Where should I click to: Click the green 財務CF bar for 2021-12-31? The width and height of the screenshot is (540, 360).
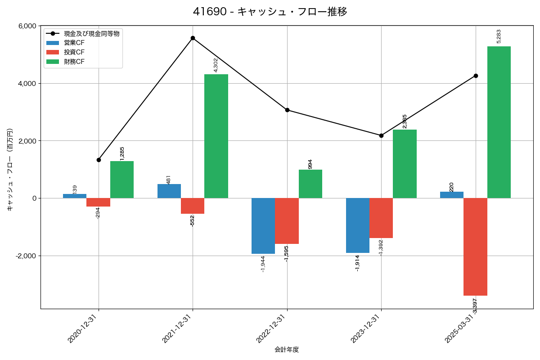(216, 136)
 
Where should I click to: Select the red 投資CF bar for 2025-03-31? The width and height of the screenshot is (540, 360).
(475, 247)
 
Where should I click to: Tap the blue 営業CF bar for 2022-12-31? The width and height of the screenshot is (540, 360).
(263, 226)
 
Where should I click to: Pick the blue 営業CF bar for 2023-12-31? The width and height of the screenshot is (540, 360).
(358, 225)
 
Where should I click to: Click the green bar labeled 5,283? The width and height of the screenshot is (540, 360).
(499, 122)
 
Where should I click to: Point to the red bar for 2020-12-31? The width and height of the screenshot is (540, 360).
(98, 202)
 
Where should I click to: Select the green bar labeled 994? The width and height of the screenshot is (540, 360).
(310, 184)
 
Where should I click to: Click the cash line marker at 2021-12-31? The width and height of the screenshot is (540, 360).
(193, 38)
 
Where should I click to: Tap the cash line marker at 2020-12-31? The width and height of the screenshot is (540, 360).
(99, 160)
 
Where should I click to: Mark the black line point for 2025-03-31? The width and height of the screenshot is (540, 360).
(476, 76)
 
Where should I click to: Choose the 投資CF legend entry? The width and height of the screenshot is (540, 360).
(74, 52)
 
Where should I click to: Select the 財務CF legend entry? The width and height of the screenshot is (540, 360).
(74, 62)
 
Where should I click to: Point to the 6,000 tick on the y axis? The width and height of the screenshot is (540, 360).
(27, 26)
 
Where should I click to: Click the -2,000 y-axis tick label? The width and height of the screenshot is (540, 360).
(26, 256)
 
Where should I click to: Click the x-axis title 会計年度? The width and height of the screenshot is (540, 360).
(287, 350)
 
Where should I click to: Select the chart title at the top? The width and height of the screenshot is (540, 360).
(270, 12)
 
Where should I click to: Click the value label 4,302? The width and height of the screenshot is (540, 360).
(216, 65)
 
